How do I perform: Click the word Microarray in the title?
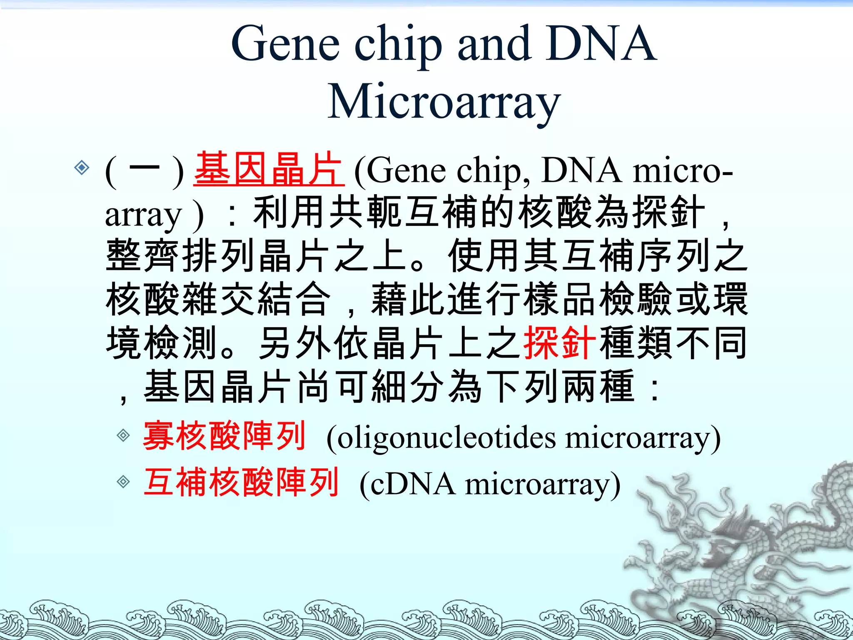tap(444, 102)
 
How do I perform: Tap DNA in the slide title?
tap(602, 44)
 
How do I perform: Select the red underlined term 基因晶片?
tap(269, 169)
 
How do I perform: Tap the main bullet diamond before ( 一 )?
tap(82, 167)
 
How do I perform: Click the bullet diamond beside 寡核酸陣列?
tap(123, 436)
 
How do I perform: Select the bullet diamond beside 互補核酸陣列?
tap(123, 482)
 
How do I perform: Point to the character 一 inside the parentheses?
tap(144, 169)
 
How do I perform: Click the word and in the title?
tap(494, 44)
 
